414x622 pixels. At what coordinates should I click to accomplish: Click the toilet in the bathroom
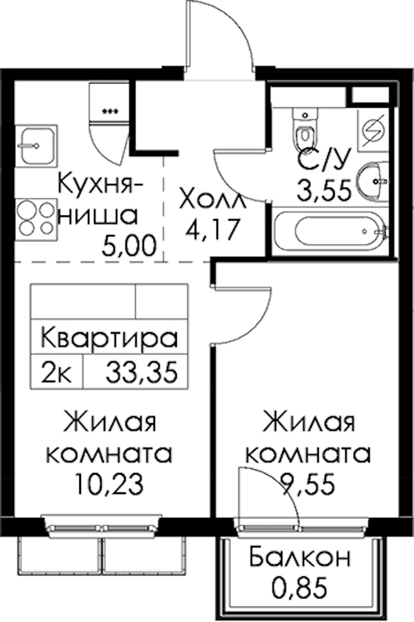click(305, 129)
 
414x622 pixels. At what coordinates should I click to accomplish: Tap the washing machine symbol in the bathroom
click(373, 130)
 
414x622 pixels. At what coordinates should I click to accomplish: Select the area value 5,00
click(128, 246)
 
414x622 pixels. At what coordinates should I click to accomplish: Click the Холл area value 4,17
click(213, 229)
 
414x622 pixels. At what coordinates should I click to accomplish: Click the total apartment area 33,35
click(141, 373)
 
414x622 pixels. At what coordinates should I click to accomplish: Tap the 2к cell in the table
click(57, 373)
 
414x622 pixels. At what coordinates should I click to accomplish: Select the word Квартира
click(109, 339)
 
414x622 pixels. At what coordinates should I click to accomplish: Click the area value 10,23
click(109, 485)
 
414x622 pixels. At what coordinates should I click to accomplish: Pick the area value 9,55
click(308, 485)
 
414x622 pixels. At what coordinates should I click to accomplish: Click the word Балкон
click(300, 557)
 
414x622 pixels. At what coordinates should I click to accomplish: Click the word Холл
click(213, 200)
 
